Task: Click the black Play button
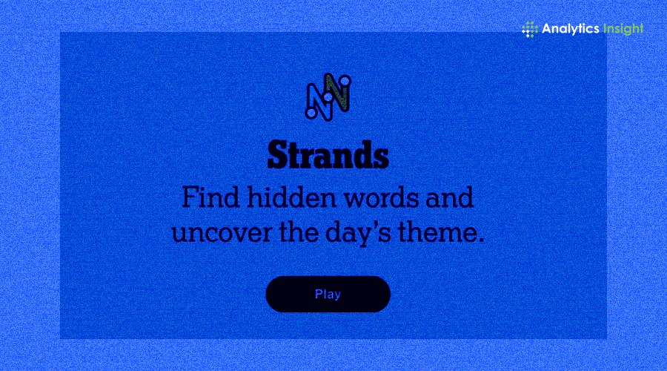(328, 294)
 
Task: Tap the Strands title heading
(328, 155)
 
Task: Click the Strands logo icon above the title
(328, 96)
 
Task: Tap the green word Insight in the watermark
(623, 29)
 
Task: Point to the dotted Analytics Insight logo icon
(530, 29)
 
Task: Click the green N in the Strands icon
(338, 91)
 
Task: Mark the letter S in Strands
(276, 155)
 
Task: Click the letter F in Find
(190, 197)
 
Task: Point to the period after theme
(481, 240)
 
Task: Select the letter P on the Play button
(318, 294)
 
